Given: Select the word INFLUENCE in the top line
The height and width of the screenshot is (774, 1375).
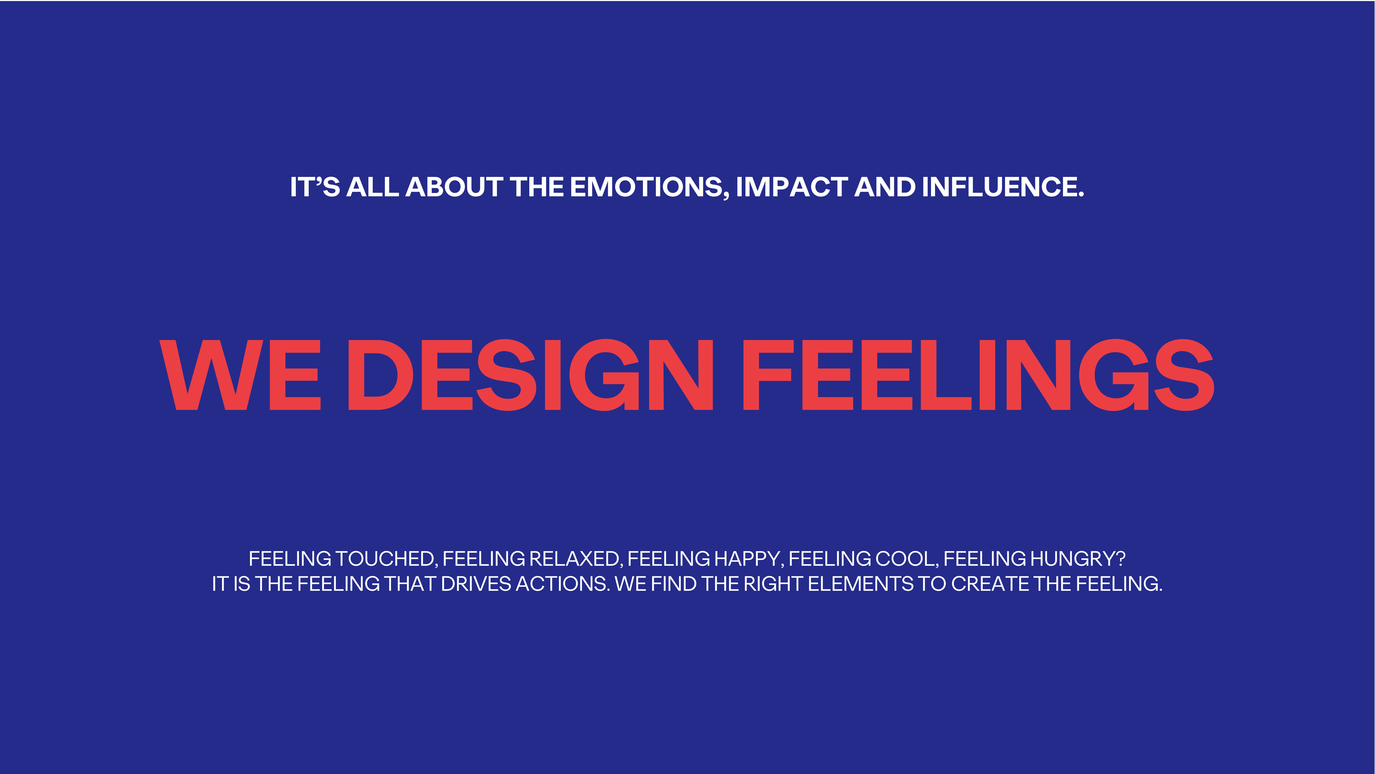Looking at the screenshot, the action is pyautogui.click(x=1002, y=187).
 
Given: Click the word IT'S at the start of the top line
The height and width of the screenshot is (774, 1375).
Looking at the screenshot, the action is pyautogui.click(x=315, y=187).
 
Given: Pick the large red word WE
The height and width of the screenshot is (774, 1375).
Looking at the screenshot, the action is pyautogui.click(x=240, y=375).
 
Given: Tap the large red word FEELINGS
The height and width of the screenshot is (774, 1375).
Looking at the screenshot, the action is pyautogui.click(x=979, y=375).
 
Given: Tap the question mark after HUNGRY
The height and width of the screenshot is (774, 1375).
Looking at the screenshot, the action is pyautogui.click(x=1121, y=559).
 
